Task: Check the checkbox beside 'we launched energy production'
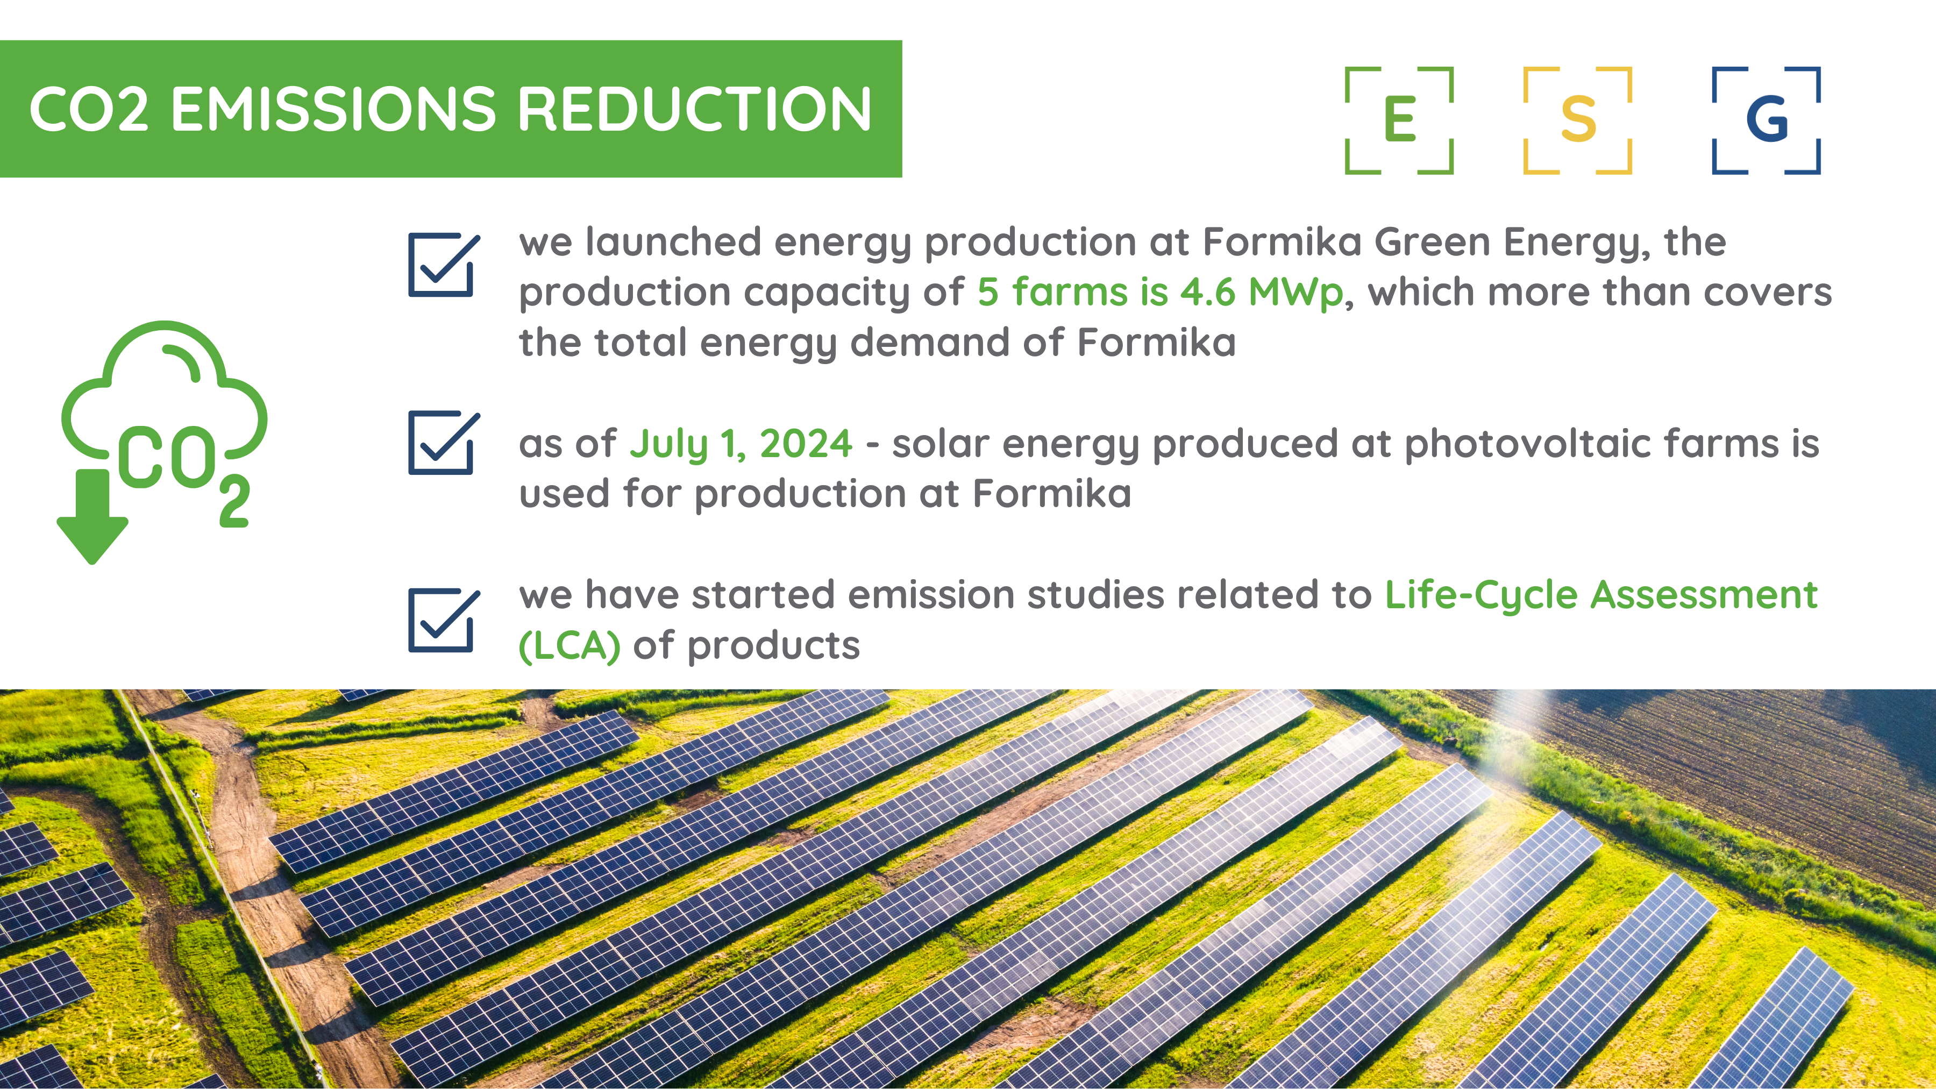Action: [444, 265]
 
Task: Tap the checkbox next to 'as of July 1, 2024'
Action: [444, 443]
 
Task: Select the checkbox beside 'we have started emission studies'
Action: [444, 620]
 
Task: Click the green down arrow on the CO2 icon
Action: [92, 517]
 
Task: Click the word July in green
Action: [669, 445]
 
